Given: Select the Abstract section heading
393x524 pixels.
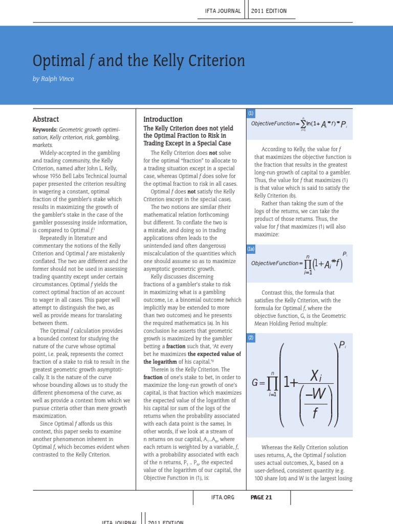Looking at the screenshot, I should pyautogui.click(x=46, y=119).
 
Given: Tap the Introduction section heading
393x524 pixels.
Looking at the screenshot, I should pyautogui.click(x=163, y=119).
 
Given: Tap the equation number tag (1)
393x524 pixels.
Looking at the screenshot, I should pyautogui.click(x=251, y=113).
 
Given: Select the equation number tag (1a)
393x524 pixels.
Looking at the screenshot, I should pyautogui.click(x=251, y=249).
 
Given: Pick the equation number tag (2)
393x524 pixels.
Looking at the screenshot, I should pyautogui.click(x=251, y=337).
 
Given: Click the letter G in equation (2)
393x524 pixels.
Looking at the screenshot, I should pyautogui.click(x=256, y=382).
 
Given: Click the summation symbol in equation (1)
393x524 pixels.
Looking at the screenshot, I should pyautogui.click(x=303, y=124).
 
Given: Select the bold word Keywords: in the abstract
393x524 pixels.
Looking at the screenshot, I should pyautogui.click(x=45, y=130).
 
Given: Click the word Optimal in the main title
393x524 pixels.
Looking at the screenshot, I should pyautogui.click(x=54, y=62).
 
